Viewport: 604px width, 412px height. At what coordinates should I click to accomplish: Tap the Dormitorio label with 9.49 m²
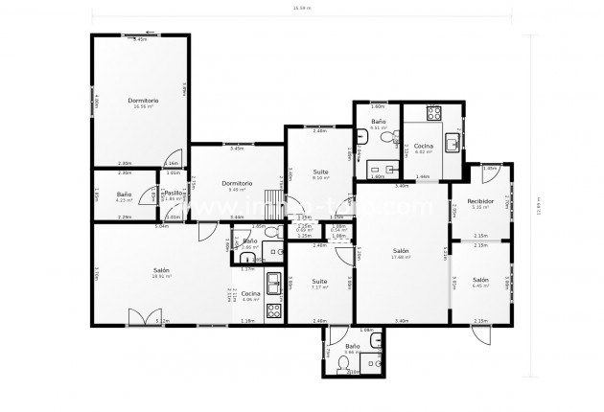(236, 184)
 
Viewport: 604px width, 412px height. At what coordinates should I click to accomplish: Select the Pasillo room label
(174, 194)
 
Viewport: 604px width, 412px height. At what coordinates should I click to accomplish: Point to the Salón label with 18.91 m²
(162, 272)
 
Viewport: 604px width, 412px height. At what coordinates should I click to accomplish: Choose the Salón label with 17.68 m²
(400, 252)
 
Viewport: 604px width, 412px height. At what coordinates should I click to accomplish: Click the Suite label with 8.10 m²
(320, 173)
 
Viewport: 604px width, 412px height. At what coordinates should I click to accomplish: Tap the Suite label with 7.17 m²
(319, 283)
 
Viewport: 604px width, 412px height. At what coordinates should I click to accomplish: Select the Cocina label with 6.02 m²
(423, 146)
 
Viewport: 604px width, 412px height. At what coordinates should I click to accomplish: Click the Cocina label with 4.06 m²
(249, 294)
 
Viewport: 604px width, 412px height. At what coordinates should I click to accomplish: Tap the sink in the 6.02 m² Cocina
(453, 142)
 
